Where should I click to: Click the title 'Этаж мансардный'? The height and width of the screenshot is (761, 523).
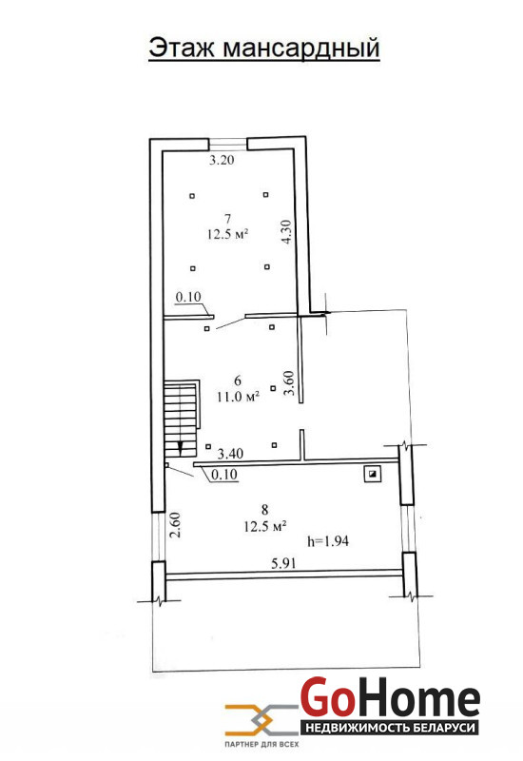[264, 49]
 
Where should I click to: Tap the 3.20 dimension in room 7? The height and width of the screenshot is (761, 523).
[222, 160]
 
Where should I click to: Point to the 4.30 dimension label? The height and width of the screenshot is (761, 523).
[287, 231]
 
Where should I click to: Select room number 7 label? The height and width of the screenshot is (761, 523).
[227, 219]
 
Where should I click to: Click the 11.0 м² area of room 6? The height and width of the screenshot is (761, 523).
[238, 397]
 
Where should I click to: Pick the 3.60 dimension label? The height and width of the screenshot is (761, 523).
[290, 383]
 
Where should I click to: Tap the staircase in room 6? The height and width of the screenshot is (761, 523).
[182, 419]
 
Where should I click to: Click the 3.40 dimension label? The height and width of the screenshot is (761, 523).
[230, 455]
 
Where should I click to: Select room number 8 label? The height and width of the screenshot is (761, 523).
[264, 510]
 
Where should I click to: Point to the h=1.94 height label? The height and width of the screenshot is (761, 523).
[328, 540]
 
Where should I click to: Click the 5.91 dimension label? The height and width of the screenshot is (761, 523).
[283, 563]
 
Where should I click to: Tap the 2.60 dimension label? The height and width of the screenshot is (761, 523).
[175, 525]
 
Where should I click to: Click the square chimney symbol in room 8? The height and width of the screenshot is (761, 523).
[373, 474]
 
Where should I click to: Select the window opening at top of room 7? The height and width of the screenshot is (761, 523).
[228, 145]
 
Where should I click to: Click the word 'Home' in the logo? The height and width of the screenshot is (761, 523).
[418, 699]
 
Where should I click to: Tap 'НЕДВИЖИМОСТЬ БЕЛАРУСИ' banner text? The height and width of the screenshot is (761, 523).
[390, 728]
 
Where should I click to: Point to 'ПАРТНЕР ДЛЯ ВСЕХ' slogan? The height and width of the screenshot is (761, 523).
[261, 744]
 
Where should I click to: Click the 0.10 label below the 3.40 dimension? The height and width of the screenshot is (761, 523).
[224, 474]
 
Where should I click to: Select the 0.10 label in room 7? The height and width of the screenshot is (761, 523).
[188, 297]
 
